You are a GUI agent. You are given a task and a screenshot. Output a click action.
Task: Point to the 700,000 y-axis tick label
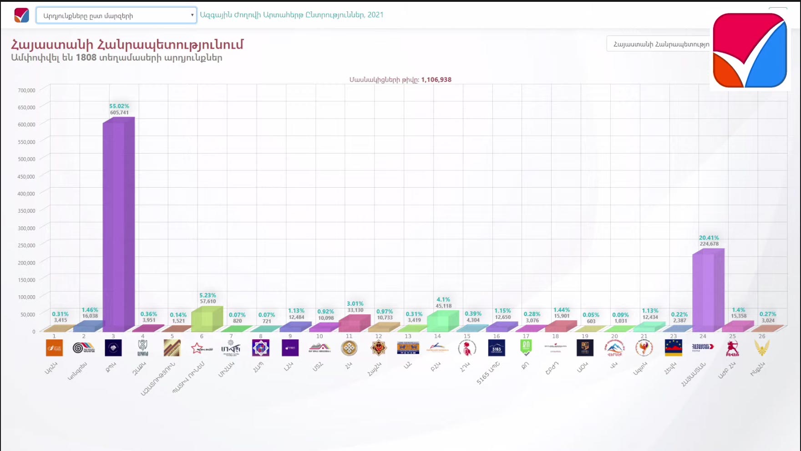point(26,90)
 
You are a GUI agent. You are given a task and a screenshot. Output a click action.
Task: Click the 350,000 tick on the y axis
point(26,211)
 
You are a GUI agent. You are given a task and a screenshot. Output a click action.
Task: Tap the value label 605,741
point(119,113)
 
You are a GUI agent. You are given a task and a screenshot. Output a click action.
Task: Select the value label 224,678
point(709,244)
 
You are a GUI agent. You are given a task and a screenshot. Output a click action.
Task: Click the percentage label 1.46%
point(90,310)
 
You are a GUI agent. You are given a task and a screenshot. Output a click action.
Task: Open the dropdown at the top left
point(116,15)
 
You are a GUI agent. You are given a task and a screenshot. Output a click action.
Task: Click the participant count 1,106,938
point(436,80)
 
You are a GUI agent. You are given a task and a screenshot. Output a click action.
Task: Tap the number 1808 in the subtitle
point(86,58)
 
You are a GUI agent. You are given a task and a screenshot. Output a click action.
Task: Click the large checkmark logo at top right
point(750,50)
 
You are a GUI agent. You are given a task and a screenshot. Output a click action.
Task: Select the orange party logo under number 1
point(54,348)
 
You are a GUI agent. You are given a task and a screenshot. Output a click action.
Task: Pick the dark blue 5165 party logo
point(496,348)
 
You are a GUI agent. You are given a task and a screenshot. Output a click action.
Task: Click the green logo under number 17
point(526,348)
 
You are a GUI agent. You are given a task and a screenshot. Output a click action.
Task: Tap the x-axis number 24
point(703,336)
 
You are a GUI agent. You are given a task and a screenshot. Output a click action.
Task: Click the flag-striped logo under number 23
point(673,348)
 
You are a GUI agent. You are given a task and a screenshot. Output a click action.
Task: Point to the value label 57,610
point(208,301)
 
